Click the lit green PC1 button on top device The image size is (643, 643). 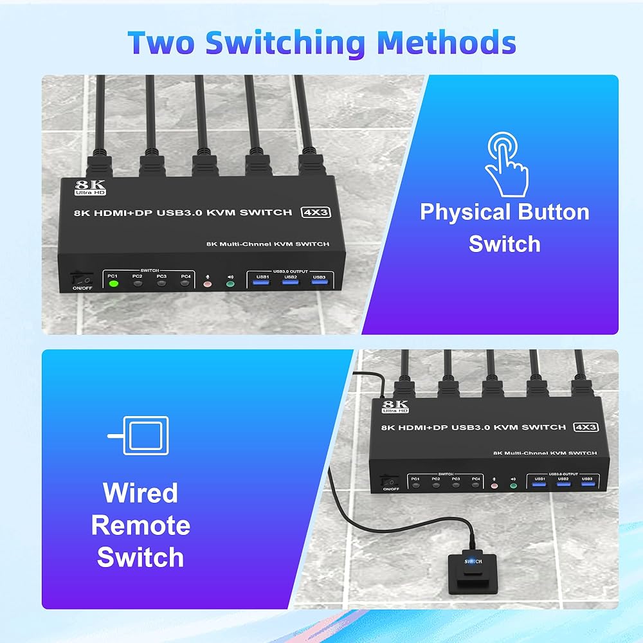[x=114, y=282]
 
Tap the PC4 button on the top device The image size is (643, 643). [x=186, y=282]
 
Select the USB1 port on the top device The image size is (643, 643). [x=262, y=282]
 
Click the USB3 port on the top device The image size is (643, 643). [x=319, y=282]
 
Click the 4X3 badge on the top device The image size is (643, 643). [x=316, y=212]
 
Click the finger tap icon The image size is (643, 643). [x=505, y=164]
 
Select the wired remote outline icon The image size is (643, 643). [x=140, y=435]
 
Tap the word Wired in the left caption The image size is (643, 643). [x=140, y=493]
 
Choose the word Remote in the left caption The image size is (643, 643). [x=140, y=525]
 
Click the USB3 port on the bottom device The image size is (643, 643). [x=586, y=484]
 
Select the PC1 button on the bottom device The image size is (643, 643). [x=416, y=484]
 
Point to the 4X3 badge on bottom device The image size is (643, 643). [x=586, y=427]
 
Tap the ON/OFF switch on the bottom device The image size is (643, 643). [x=388, y=481]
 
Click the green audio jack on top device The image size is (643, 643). [x=231, y=283]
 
